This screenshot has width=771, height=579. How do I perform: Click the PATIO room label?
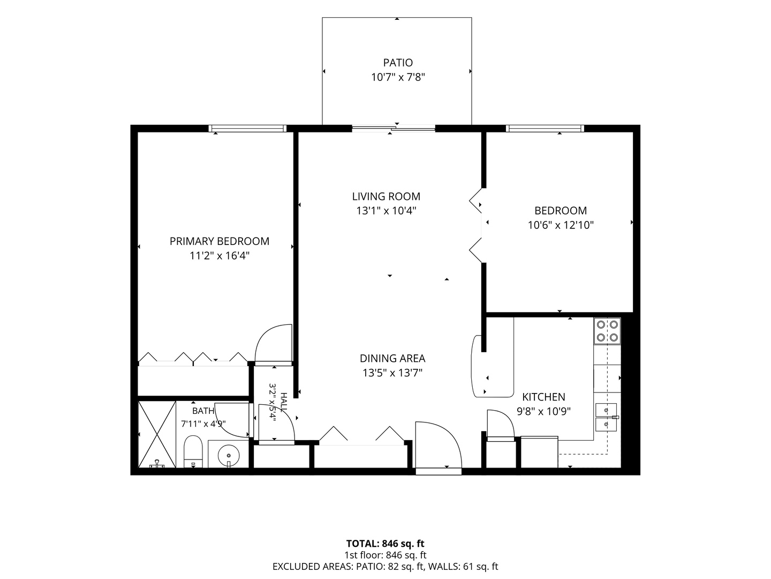pos(398,63)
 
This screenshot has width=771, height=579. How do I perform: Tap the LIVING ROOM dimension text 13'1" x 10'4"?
pos(387,211)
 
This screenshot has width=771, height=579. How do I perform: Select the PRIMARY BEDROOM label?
pos(220,241)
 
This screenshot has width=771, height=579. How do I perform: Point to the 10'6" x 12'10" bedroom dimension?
pos(561,225)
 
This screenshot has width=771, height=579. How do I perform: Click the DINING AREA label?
pos(392,358)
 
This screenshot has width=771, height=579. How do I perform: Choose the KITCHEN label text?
pos(544,397)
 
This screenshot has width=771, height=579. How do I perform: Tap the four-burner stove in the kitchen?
pos(607,331)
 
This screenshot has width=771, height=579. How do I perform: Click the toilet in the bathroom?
pos(193,452)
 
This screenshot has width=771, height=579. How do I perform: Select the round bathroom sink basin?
pos(229,456)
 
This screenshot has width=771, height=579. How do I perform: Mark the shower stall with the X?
pos(157,434)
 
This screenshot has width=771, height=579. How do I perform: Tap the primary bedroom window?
pos(248,128)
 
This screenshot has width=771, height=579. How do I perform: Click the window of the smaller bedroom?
pos(545,128)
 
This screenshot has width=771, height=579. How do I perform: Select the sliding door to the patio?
pos(394,129)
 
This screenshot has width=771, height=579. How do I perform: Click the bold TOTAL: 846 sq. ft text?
pos(385,544)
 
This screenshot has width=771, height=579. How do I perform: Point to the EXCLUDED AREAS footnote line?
pos(385,566)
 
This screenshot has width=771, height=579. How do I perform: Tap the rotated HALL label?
pos(284,403)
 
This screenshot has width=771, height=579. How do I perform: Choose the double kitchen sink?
pos(606,417)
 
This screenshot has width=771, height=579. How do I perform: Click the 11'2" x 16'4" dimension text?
pos(220,256)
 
